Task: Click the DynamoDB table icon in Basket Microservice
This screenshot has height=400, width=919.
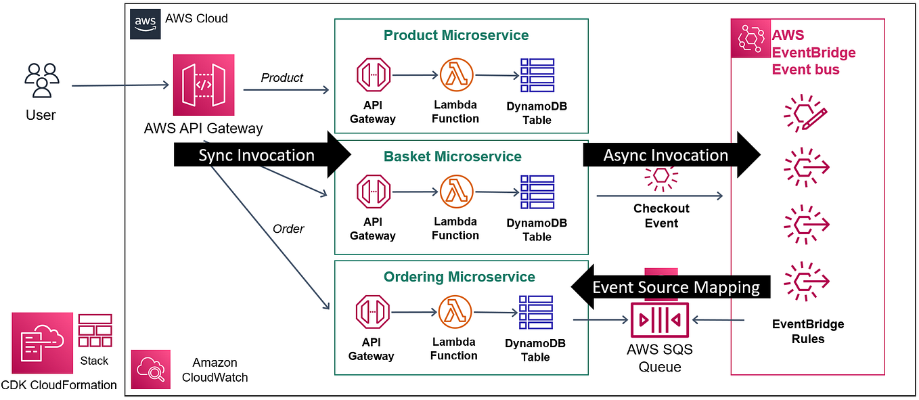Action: (x=537, y=192)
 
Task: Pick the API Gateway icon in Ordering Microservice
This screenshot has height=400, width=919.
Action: (x=374, y=313)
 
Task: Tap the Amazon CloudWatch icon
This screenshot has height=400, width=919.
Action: (x=151, y=370)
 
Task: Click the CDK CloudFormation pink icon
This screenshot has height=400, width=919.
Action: (x=42, y=343)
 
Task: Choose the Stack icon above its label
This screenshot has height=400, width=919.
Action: (x=95, y=330)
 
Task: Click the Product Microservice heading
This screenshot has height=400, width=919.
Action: (x=456, y=35)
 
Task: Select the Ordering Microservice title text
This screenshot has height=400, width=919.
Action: (x=459, y=277)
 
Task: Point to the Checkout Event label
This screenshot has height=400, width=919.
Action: (x=661, y=216)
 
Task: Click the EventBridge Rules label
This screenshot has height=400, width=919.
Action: (x=808, y=332)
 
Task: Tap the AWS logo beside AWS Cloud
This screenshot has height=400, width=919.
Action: (x=145, y=24)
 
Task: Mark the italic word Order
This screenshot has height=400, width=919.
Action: (x=288, y=229)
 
